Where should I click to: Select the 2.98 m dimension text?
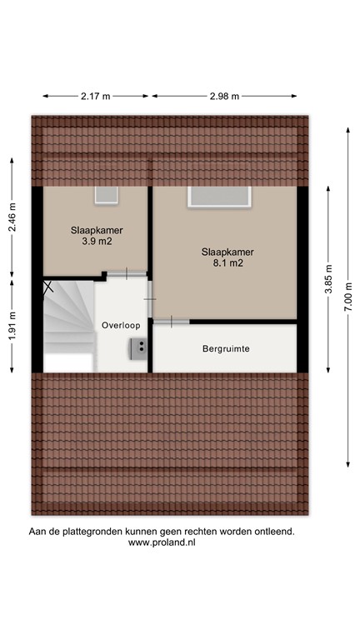point(224,97)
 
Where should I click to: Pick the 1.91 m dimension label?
point(12,327)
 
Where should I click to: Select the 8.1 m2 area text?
point(227,263)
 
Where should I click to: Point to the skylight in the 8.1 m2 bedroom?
point(220,197)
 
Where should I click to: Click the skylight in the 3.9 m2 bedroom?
point(107,195)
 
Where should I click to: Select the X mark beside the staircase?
point(48,288)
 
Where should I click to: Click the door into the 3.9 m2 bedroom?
point(125,273)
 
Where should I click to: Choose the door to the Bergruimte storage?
point(172,321)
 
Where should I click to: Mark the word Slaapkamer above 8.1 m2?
point(227,252)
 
